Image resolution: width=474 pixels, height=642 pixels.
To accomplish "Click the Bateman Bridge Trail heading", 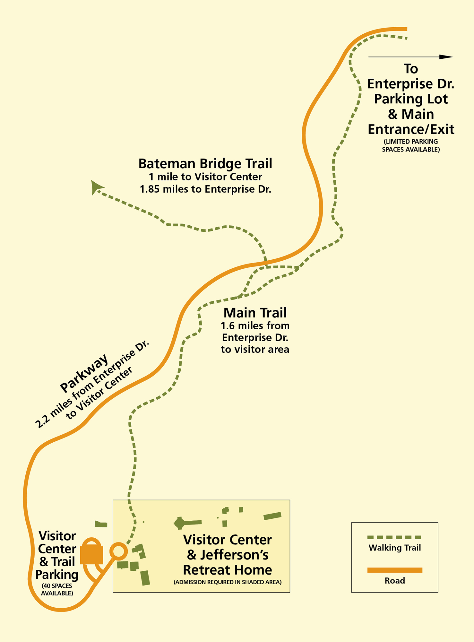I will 205,164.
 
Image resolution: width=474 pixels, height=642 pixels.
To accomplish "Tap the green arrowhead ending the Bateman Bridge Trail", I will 96,187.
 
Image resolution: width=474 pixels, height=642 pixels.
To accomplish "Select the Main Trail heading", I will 255,313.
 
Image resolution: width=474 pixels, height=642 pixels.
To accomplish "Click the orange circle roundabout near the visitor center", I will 118,551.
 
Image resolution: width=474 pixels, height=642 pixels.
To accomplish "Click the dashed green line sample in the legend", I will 394,537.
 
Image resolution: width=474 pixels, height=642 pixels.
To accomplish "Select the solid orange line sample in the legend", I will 394,570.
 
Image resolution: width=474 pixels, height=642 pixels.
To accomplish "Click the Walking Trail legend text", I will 394,548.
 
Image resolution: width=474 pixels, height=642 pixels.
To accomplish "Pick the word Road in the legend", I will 394,581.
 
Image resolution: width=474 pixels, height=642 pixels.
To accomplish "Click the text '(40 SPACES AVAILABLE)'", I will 57,589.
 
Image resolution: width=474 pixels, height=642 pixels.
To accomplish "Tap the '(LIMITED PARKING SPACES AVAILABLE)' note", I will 410,145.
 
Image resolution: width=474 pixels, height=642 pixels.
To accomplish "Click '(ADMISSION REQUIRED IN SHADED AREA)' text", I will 227,582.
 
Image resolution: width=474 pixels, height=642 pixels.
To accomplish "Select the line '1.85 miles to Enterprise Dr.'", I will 205,189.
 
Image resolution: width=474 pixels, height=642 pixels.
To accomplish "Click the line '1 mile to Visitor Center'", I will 205,177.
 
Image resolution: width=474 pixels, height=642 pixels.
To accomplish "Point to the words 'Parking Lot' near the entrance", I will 410,99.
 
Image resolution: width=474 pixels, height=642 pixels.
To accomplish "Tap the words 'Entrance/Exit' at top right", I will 410,129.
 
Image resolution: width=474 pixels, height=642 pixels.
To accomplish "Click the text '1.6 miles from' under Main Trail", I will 255,326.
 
